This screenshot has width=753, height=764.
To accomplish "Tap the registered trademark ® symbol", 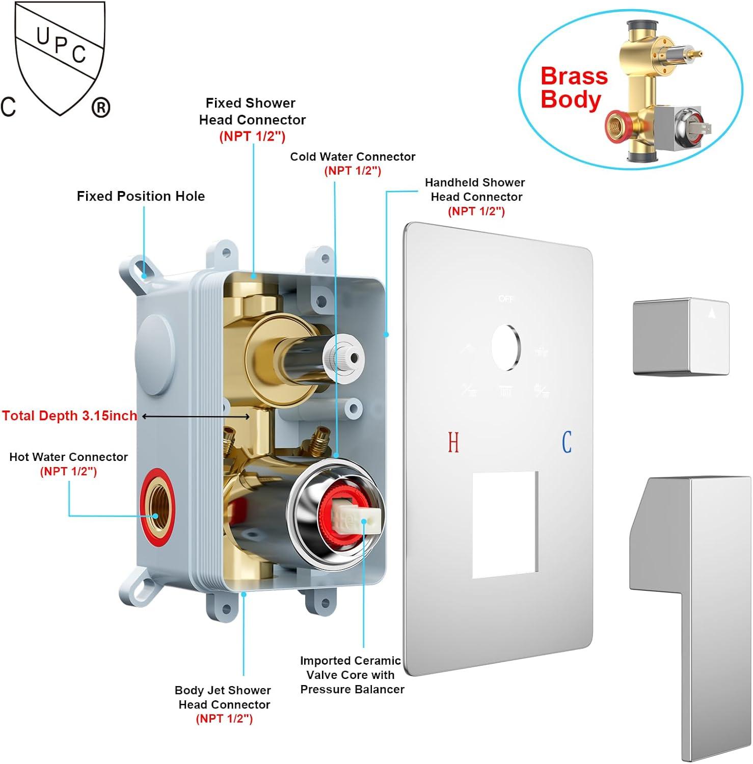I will [x=101, y=108].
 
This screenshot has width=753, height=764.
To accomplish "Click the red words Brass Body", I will [x=574, y=88].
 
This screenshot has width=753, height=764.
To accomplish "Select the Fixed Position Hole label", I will [x=141, y=196].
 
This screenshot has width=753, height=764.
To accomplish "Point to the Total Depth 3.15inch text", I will [x=70, y=416].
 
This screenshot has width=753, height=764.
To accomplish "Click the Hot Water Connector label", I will [x=68, y=463].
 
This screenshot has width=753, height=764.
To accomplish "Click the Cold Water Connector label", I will [x=353, y=163].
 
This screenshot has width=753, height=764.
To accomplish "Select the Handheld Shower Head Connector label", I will [x=475, y=196].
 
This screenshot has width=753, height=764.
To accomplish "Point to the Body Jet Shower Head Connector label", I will [x=223, y=704].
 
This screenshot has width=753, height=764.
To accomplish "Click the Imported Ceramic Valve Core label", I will [x=351, y=674].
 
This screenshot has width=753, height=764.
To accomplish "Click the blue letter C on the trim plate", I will [x=567, y=442].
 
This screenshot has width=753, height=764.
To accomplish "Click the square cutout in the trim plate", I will [x=505, y=524].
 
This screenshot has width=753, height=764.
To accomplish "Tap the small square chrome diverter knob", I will [x=681, y=337].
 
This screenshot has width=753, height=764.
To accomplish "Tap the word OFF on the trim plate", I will [x=506, y=299].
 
